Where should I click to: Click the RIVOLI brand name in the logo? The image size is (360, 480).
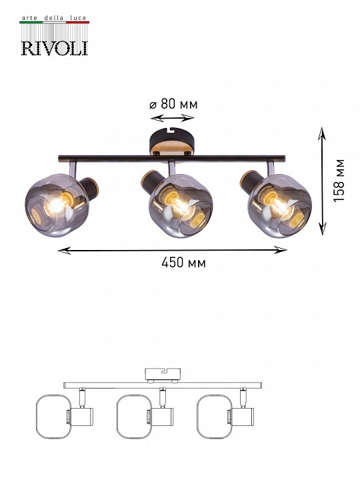(x=55, y=48)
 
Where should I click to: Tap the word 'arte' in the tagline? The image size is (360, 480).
(x=29, y=18)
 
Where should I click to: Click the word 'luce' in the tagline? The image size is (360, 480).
(x=78, y=18)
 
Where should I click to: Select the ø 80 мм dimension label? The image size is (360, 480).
(x=173, y=104)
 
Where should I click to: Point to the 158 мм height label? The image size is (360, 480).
(x=339, y=180)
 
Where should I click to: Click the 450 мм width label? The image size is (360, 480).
(x=184, y=263)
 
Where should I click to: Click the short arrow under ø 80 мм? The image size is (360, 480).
(x=173, y=118)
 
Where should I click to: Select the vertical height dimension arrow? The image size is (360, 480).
(x=322, y=181)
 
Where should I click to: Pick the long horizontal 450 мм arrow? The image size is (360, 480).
(x=173, y=251)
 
